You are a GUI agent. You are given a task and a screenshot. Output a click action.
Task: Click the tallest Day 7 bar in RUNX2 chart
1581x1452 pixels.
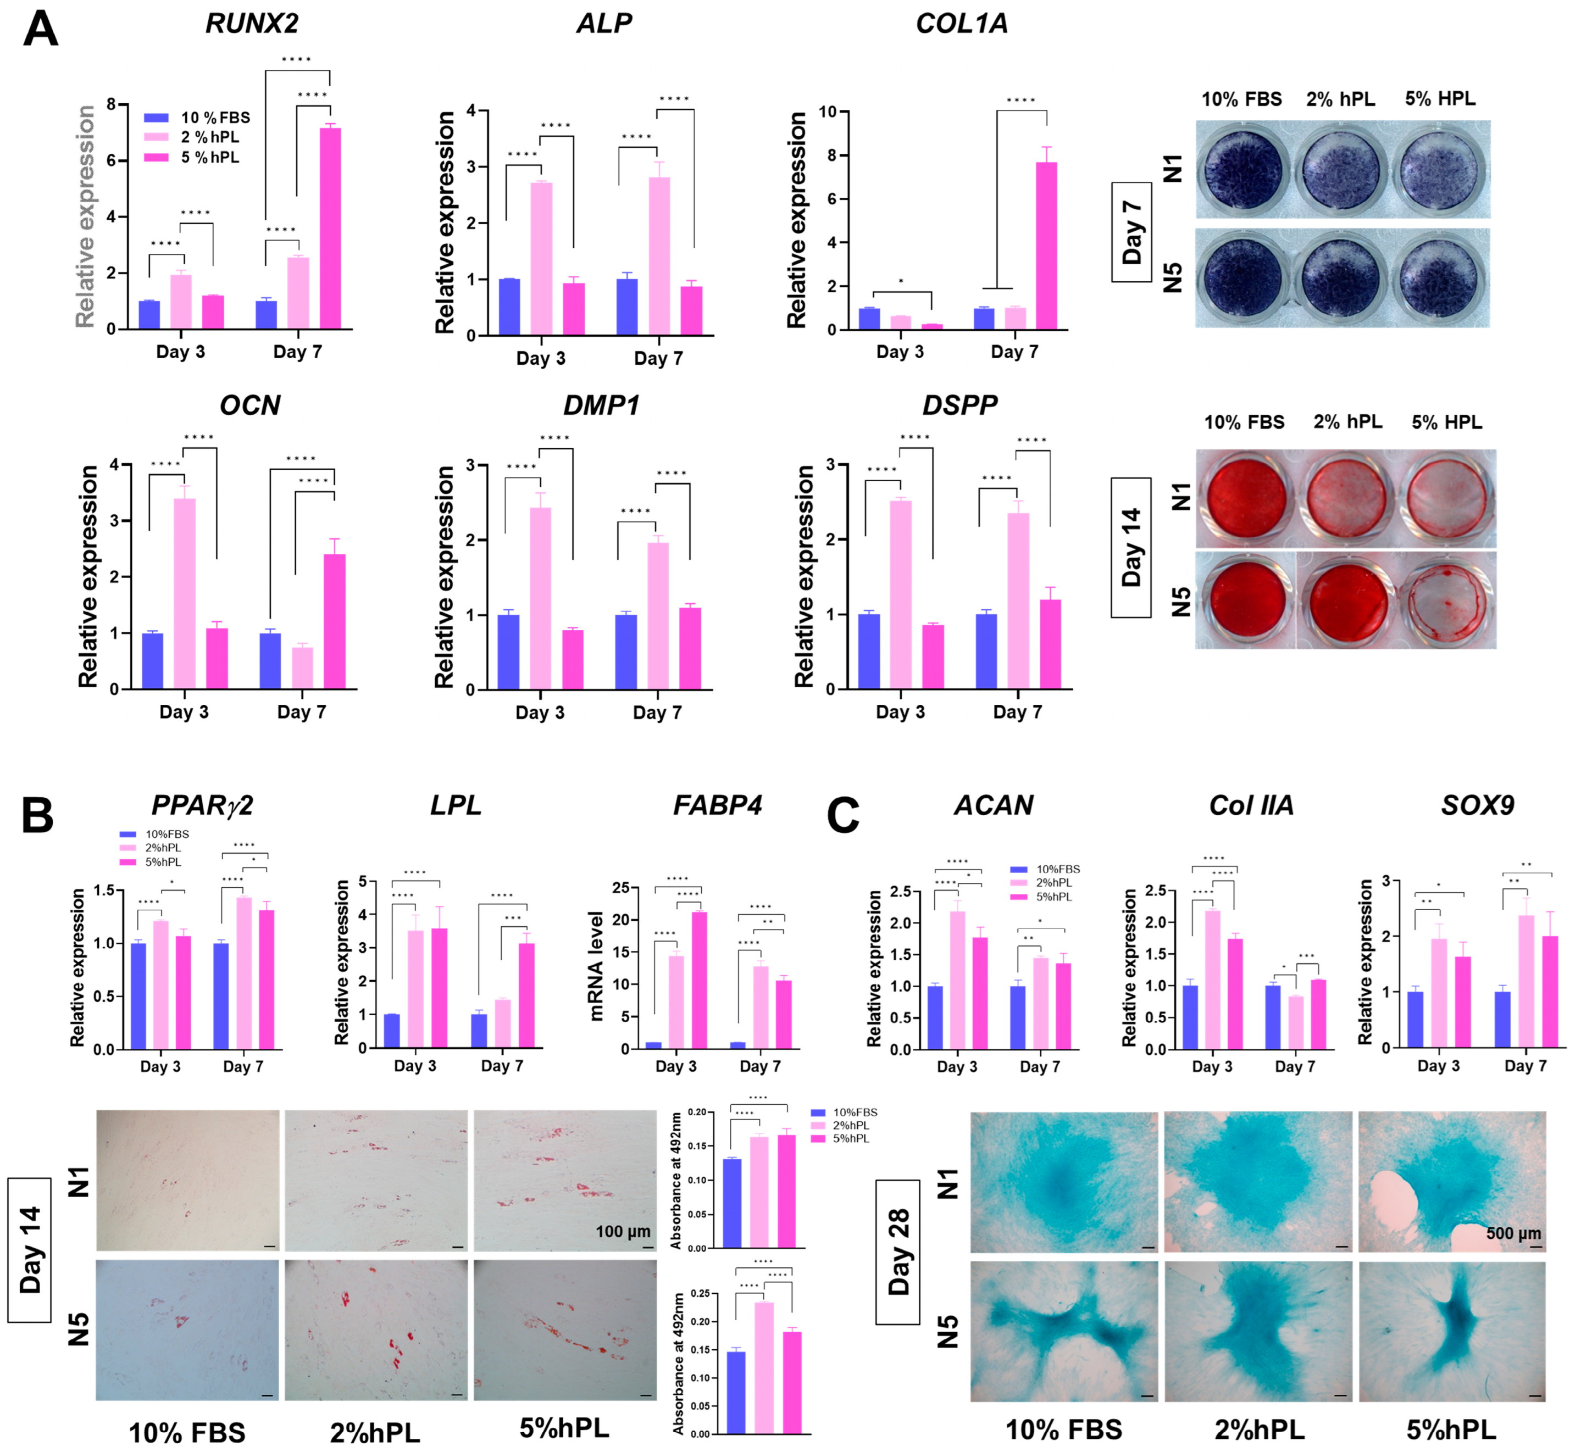coord(330,228)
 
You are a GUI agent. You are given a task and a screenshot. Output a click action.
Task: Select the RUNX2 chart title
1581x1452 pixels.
coord(252,24)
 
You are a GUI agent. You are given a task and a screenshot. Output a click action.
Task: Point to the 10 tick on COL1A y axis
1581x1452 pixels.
coord(828,112)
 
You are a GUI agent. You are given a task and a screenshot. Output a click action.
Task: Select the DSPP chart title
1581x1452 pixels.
coord(959,405)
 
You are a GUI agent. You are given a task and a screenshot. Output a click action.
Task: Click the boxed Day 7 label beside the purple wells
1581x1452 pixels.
coord(1131,232)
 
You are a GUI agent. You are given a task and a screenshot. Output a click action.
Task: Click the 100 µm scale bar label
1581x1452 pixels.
coord(622,1231)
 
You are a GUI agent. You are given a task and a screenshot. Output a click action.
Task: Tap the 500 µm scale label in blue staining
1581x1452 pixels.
coord(1513,1233)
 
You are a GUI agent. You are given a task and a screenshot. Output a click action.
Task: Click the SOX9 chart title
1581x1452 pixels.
coord(1477,805)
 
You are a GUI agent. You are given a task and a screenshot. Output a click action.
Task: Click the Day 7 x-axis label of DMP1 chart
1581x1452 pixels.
coord(657,713)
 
